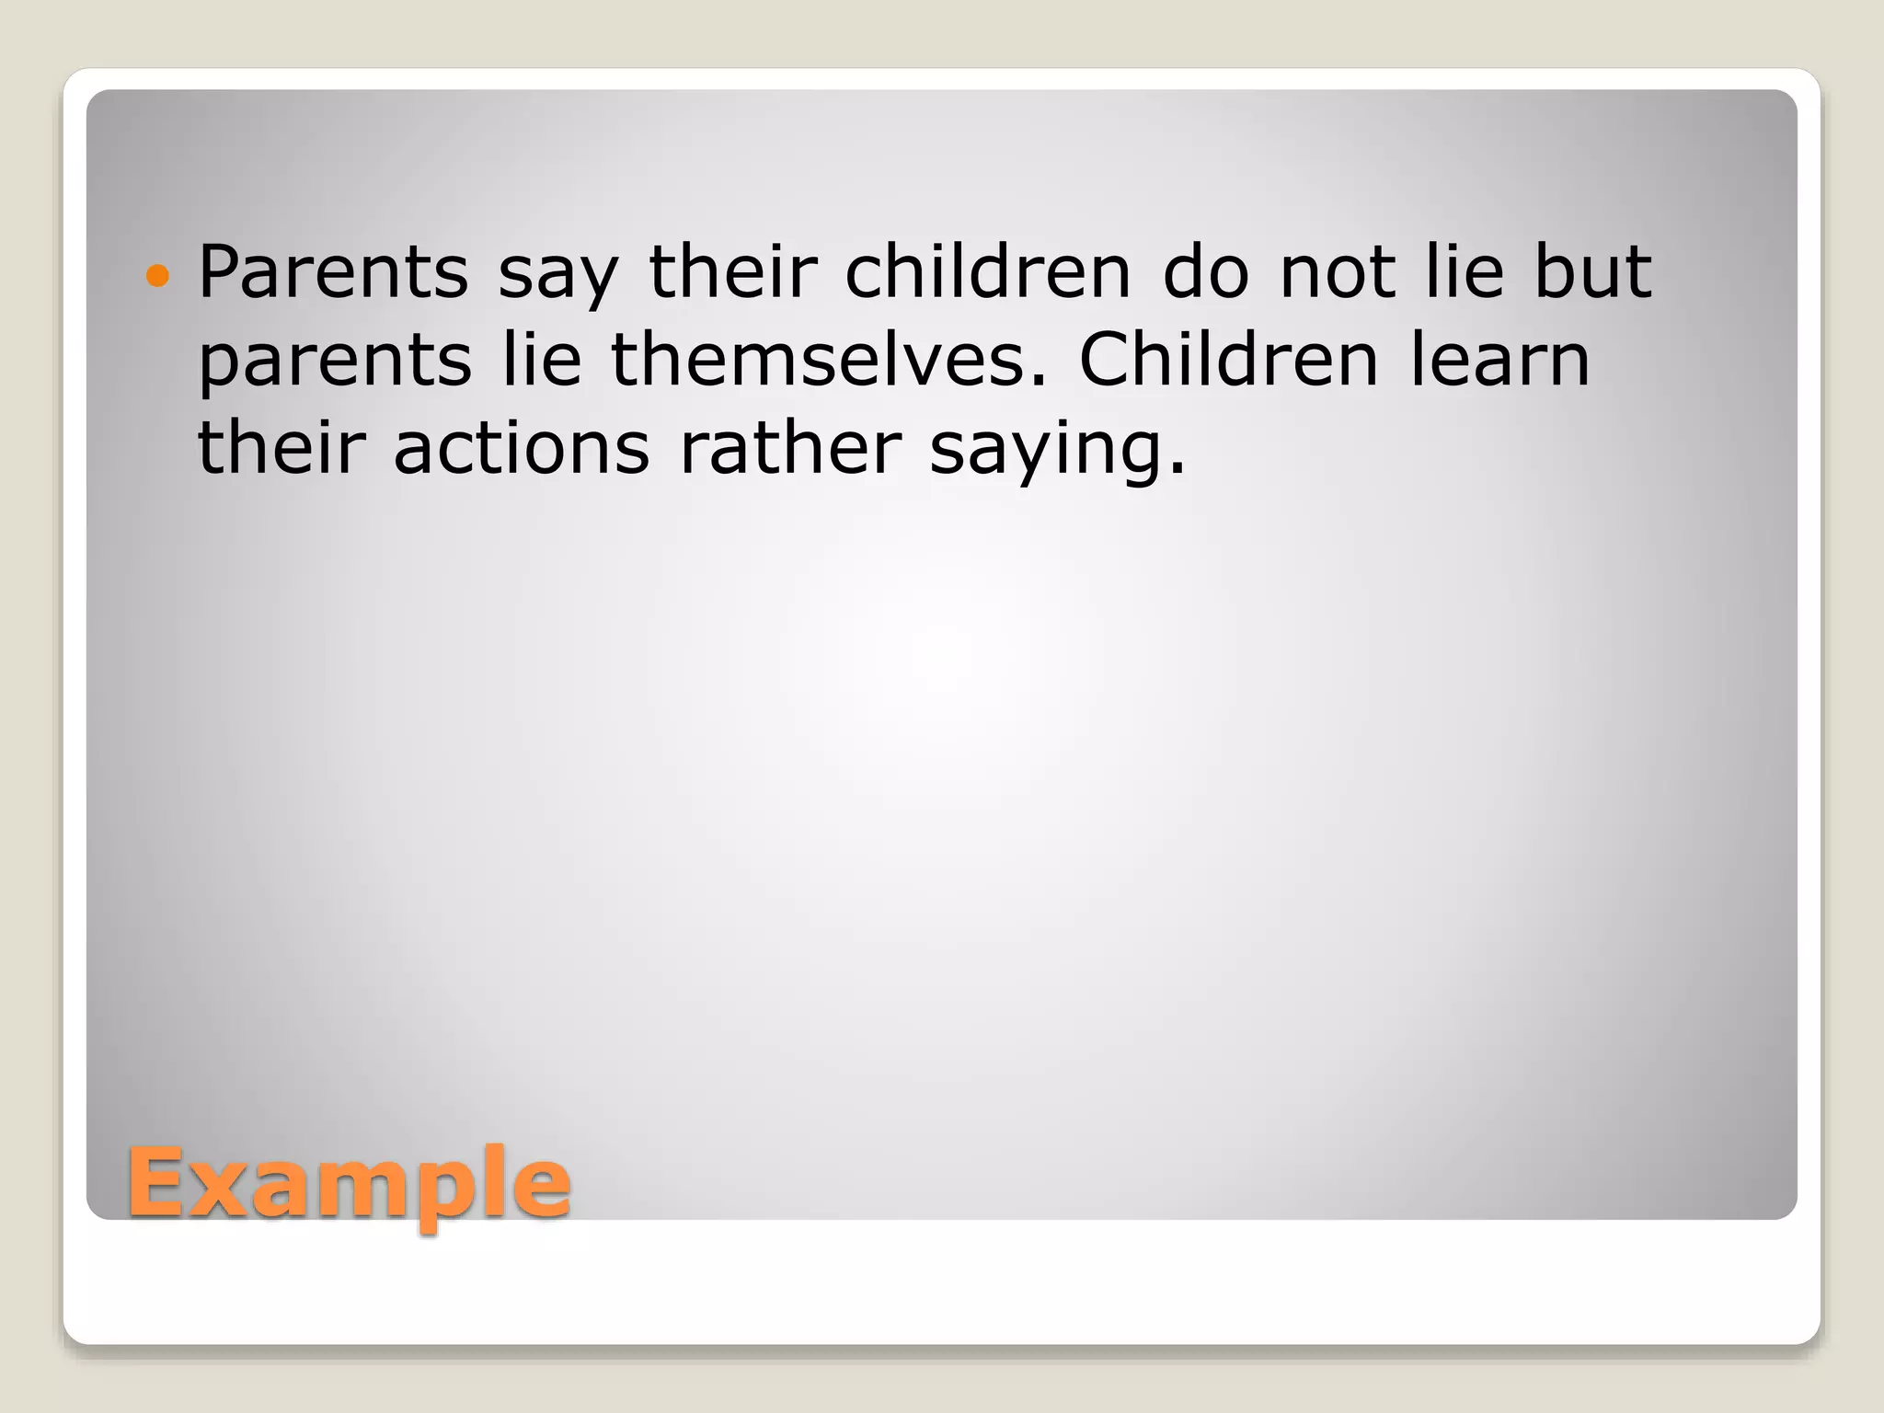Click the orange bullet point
(158, 275)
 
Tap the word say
(558, 276)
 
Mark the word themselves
(828, 359)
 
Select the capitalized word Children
(1229, 359)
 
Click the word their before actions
(281, 447)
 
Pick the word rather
(790, 447)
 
